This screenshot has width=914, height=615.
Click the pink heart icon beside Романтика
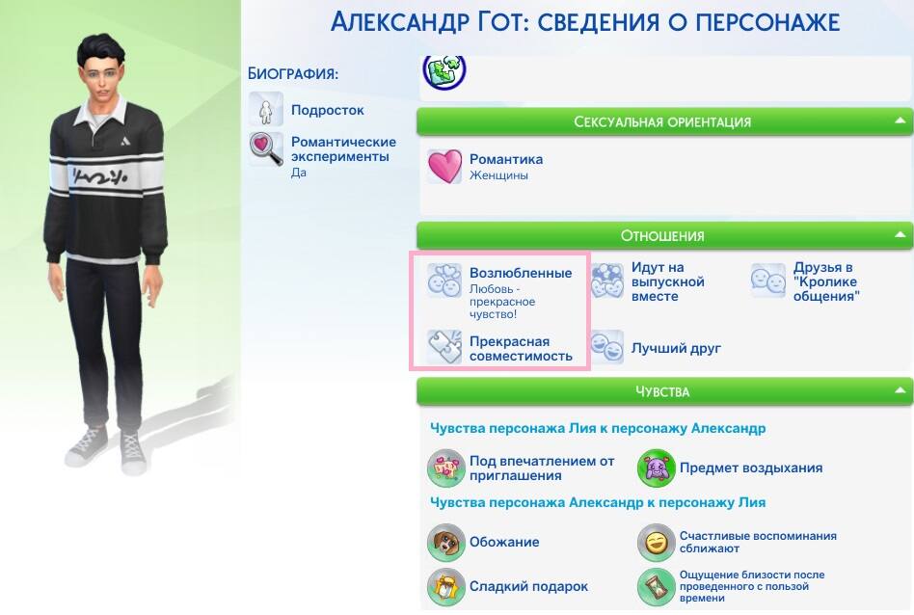[444, 166]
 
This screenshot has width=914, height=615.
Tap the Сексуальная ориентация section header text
[662, 121]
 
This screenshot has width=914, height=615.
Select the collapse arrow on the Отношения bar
[900, 235]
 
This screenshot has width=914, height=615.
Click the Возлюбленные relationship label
[521, 273]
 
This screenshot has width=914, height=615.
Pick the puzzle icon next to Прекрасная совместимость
[444, 347]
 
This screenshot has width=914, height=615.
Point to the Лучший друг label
[676, 349]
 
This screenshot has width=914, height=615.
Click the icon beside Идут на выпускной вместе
[606, 281]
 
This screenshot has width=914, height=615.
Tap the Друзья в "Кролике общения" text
[826, 281]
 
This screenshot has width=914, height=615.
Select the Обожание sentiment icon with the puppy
[446, 542]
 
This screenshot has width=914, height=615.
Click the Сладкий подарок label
[528, 586]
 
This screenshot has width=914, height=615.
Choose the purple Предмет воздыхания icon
[656, 468]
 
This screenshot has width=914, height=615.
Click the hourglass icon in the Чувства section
[656, 586]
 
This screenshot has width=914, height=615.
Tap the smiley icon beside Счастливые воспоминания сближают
[656, 542]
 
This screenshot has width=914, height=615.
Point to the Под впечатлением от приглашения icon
[446, 468]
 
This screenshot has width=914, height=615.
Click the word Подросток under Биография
[327, 110]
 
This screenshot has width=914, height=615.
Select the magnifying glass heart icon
[266, 149]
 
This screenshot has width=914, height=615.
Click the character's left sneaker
[133, 452]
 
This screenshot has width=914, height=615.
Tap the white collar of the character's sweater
[107, 111]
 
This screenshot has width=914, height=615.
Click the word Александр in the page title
[399, 22]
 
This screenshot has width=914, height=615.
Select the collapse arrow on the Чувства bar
[900, 390]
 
